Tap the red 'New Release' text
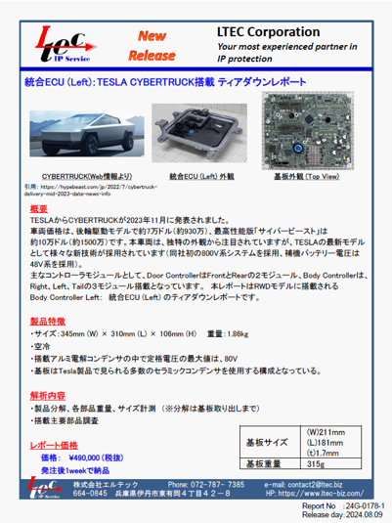pos(152,44)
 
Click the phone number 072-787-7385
pos(222,485)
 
